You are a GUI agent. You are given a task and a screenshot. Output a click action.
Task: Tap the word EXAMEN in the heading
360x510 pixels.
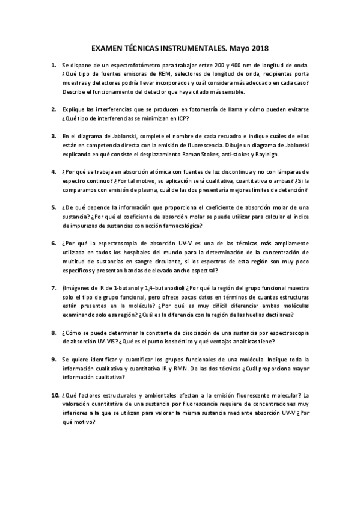[107, 46]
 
